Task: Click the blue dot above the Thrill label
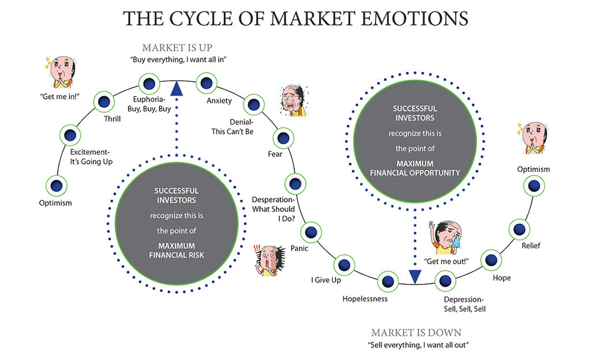(x=104, y=101)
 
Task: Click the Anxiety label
(x=219, y=101)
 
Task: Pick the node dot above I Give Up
(x=343, y=264)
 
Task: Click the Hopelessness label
(x=365, y=299)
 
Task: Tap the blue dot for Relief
(x=518, y=229)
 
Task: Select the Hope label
(x=502, y=277)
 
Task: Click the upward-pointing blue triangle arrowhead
(x=177, y=88)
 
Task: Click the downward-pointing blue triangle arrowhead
(x=414, y=276)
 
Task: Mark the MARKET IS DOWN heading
(x=416, y=333)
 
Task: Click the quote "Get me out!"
(x=446, y=261)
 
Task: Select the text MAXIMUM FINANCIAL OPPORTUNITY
(x=415, y=168)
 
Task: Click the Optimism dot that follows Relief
(x=534, y=186)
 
